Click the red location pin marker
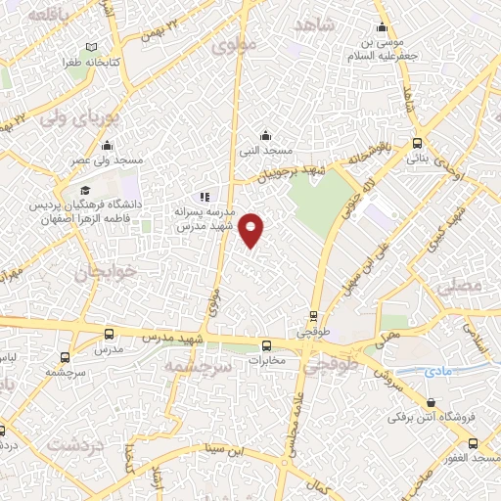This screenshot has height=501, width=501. click(x=252, y=229)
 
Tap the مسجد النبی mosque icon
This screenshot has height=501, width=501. click(x=264, y=136)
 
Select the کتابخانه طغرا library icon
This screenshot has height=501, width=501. click(x=92, y=48)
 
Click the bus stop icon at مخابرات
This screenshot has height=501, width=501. click(x=265, y=344)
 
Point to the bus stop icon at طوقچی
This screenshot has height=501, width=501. click(x=313, y=316)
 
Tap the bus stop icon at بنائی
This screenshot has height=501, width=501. click(x=418, y=141)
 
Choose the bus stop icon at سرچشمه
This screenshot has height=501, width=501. click(x=65, y=357)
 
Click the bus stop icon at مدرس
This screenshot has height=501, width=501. click(x=108, y=334)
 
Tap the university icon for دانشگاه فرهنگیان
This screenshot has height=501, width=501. click(x=85, y=190)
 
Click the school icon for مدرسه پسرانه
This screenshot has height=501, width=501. click(x=205, y=197)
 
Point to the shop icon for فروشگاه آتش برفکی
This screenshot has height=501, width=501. click(x=432, y=402)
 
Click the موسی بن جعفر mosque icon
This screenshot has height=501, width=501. click(x=382, y=28)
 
